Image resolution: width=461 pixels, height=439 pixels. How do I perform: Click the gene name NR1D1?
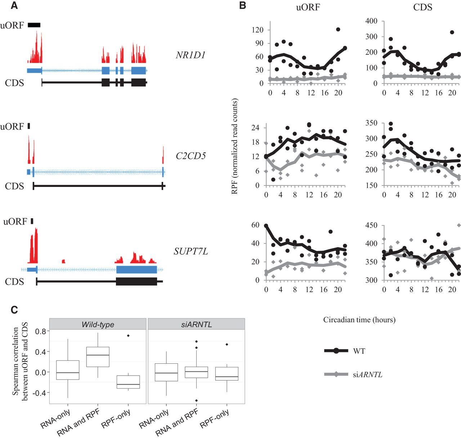point(191,55)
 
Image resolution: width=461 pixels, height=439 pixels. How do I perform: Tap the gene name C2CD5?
point(191,156)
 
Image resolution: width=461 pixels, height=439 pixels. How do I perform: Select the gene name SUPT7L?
point(191,251)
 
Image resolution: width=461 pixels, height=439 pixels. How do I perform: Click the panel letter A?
point(14,5)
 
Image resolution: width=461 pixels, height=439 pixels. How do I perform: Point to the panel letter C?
point(14,310)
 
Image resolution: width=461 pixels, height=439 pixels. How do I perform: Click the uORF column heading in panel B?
point(308,7)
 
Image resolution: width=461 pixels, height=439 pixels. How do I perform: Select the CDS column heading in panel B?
point(422,7)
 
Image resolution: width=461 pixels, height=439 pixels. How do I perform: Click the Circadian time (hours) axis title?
point(359,320)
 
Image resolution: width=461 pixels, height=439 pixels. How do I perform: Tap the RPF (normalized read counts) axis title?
point(234,146)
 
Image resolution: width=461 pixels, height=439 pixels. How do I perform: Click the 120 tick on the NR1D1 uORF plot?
point(258,30)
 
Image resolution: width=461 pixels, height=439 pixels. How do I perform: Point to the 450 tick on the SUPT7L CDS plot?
point(371,225)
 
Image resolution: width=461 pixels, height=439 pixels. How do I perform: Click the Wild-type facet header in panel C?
point(98,324)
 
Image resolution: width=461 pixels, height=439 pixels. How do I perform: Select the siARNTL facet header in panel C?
point(197,324)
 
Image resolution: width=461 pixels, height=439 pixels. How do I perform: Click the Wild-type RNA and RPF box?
point(98,357)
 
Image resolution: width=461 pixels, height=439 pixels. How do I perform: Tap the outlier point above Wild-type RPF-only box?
point(128,336)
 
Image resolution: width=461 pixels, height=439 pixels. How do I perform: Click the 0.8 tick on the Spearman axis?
point(41,331)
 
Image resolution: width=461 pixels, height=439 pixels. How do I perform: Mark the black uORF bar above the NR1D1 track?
point(34,25)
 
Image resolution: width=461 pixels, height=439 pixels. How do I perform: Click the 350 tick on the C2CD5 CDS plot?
point(371,123)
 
